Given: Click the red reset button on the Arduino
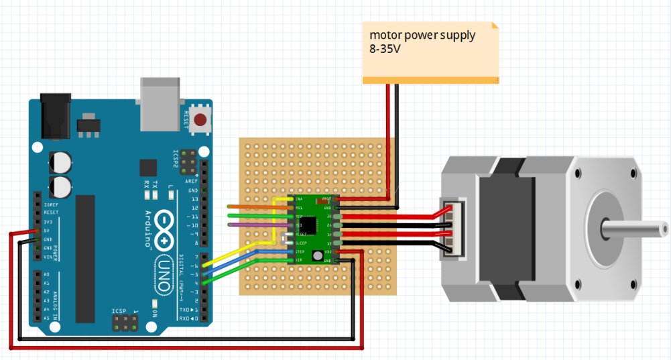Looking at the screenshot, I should pos(200,120).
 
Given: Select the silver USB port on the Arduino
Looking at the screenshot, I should pos(160,103).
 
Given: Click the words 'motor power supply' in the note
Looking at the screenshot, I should pos(422,35).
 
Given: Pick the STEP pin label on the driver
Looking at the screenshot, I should pos(300,251).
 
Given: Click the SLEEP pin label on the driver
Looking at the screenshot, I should pos(302,243).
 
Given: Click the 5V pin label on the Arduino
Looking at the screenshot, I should pos(47,230).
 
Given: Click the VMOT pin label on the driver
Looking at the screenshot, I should pos(327,199).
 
